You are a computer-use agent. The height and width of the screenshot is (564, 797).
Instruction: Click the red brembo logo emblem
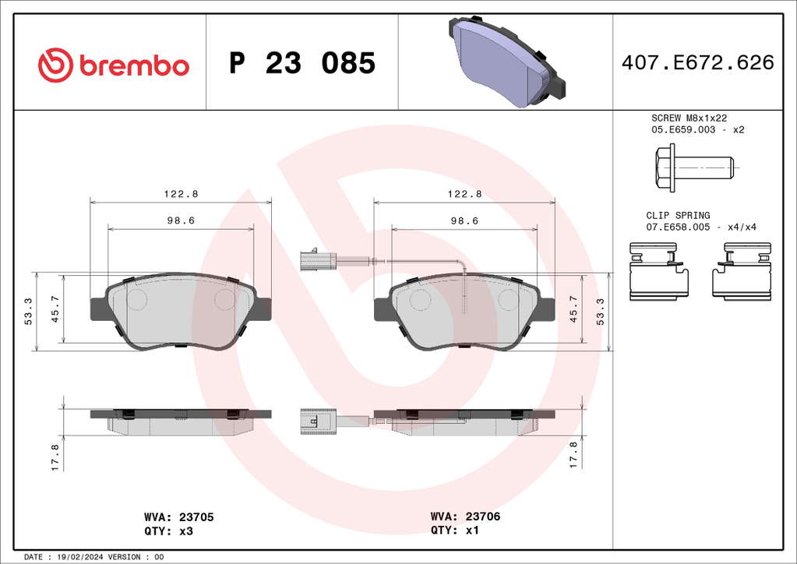(55, 65)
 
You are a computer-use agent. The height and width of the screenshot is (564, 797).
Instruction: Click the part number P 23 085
(302, 63)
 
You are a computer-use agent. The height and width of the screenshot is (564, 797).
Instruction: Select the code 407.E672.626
(698, 62)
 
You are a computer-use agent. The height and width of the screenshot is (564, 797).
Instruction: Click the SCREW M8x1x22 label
(689, 118)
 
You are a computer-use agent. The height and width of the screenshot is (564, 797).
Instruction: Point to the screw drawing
(694, 167)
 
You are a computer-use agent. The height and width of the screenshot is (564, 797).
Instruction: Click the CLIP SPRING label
(678, 216)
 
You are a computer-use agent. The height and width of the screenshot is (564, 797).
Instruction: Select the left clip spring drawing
(659, 271)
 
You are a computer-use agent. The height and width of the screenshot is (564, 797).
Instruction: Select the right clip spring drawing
(742, 271)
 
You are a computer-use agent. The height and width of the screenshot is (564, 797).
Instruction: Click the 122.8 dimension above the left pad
(181, 194)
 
